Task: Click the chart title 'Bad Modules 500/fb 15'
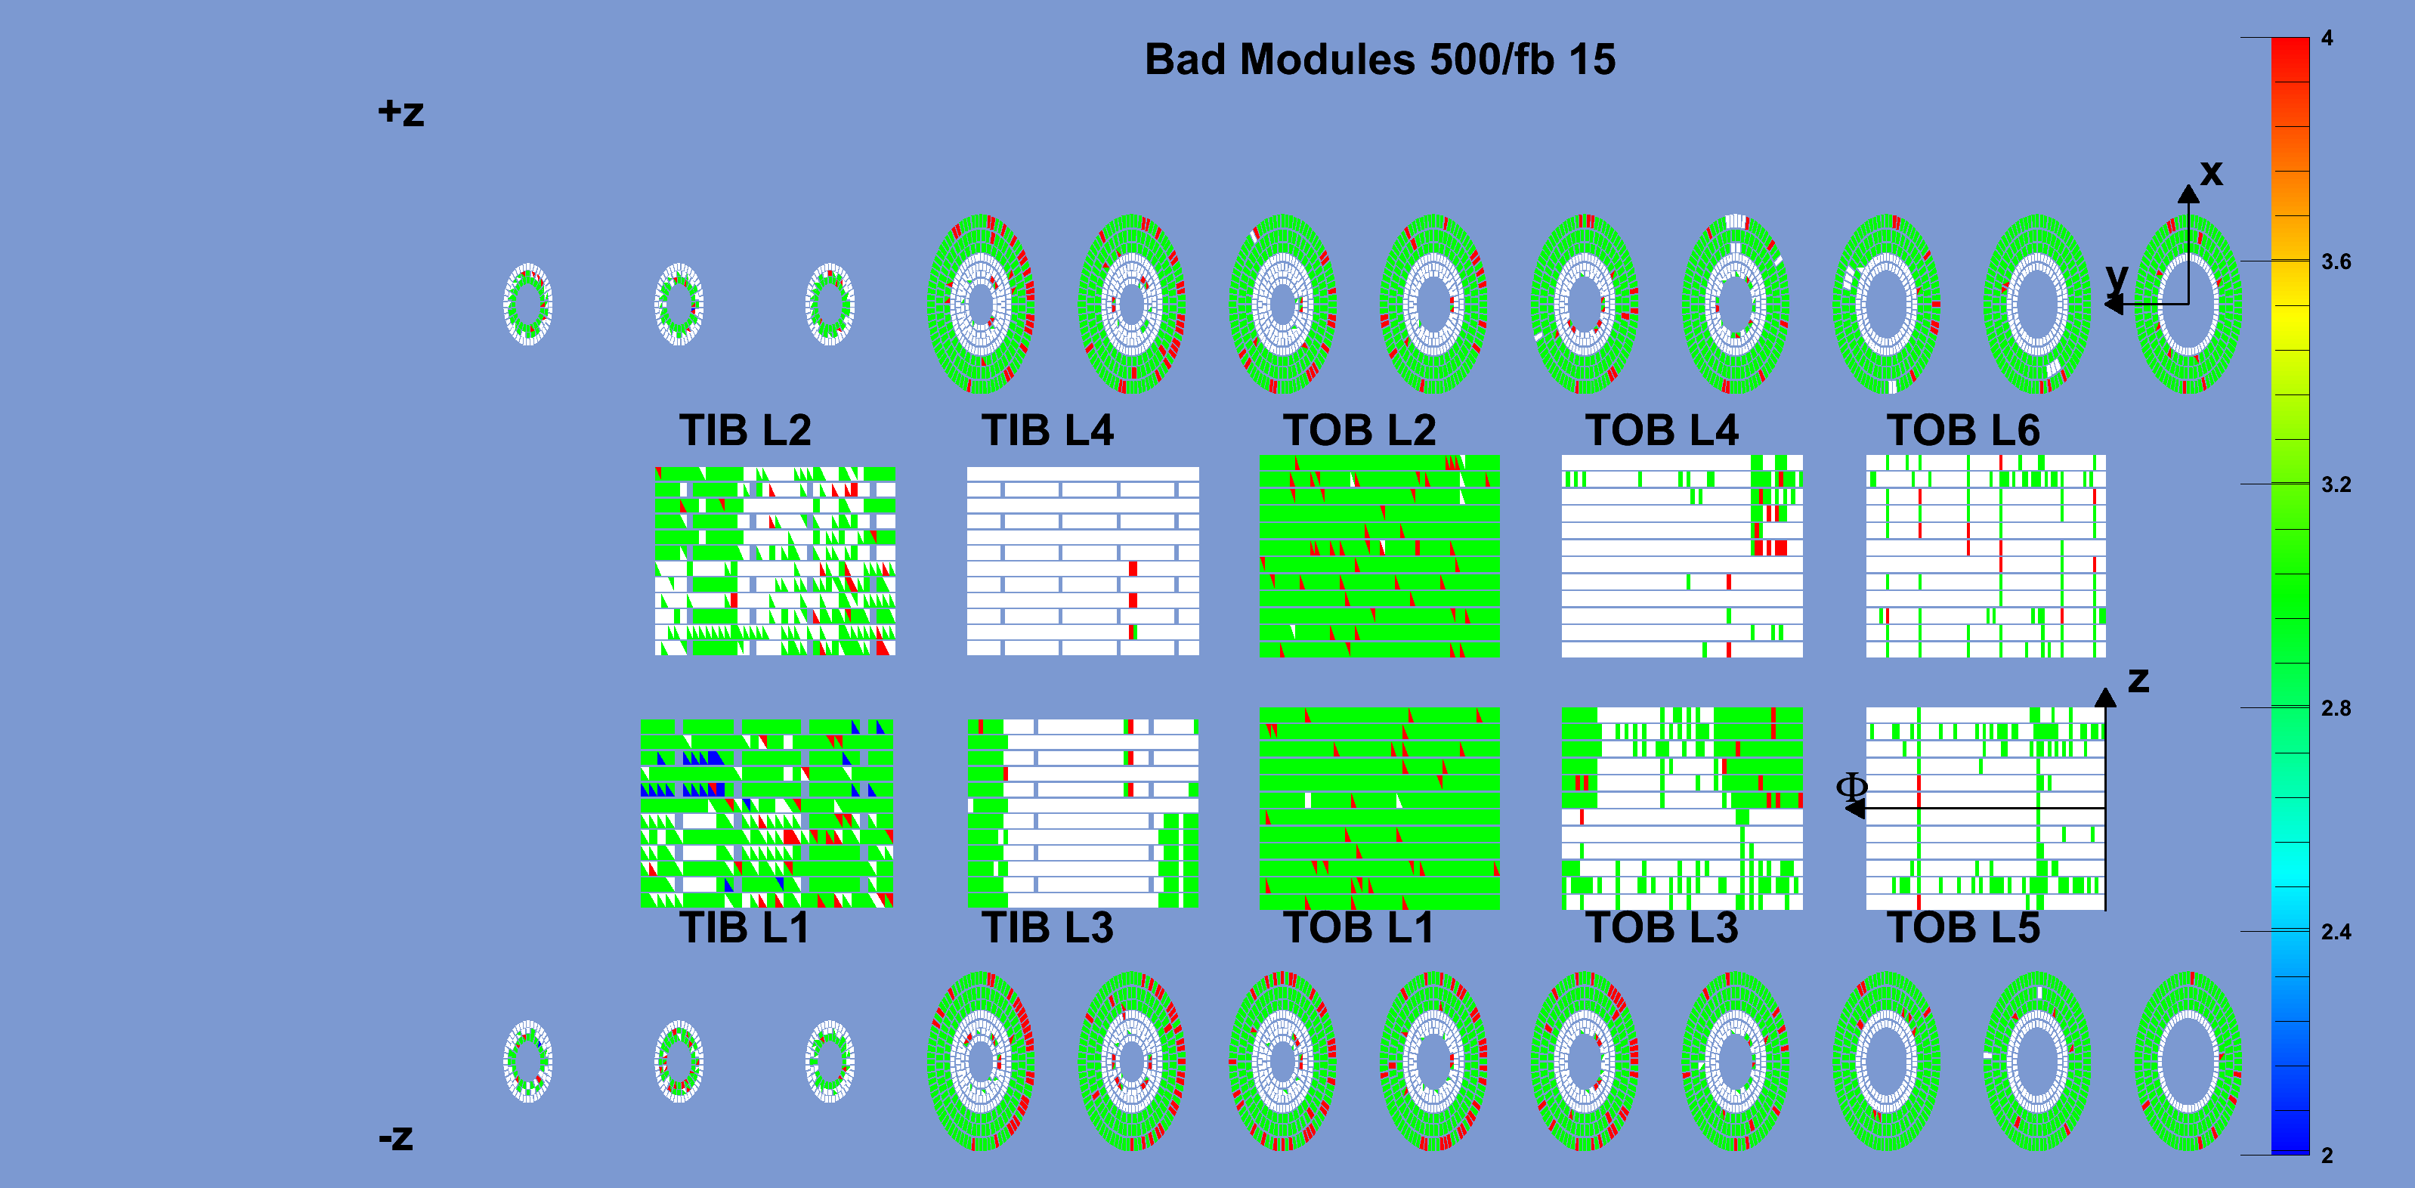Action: pos(1380,59)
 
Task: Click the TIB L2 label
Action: pos(745,430)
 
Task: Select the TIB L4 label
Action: pos(1048,430)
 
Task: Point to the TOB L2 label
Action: pos(1359,430)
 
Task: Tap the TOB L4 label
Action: pos(1662,430)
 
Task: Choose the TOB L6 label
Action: pos(1964,430)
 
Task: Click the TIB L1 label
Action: pos(744,927)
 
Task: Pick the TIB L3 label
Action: pos(1048,927)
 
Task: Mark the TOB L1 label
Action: pos(1359,927)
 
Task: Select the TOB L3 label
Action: pos(1662,927)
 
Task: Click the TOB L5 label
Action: pos(1964,927)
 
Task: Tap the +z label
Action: pos(401,113)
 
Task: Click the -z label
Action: pos(396,1137)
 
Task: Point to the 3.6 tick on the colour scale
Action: pos(2336,261)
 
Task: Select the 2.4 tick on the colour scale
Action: pos(2336,932)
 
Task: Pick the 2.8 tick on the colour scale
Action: pos(2336,709)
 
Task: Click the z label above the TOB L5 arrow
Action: pos(2138,680)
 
